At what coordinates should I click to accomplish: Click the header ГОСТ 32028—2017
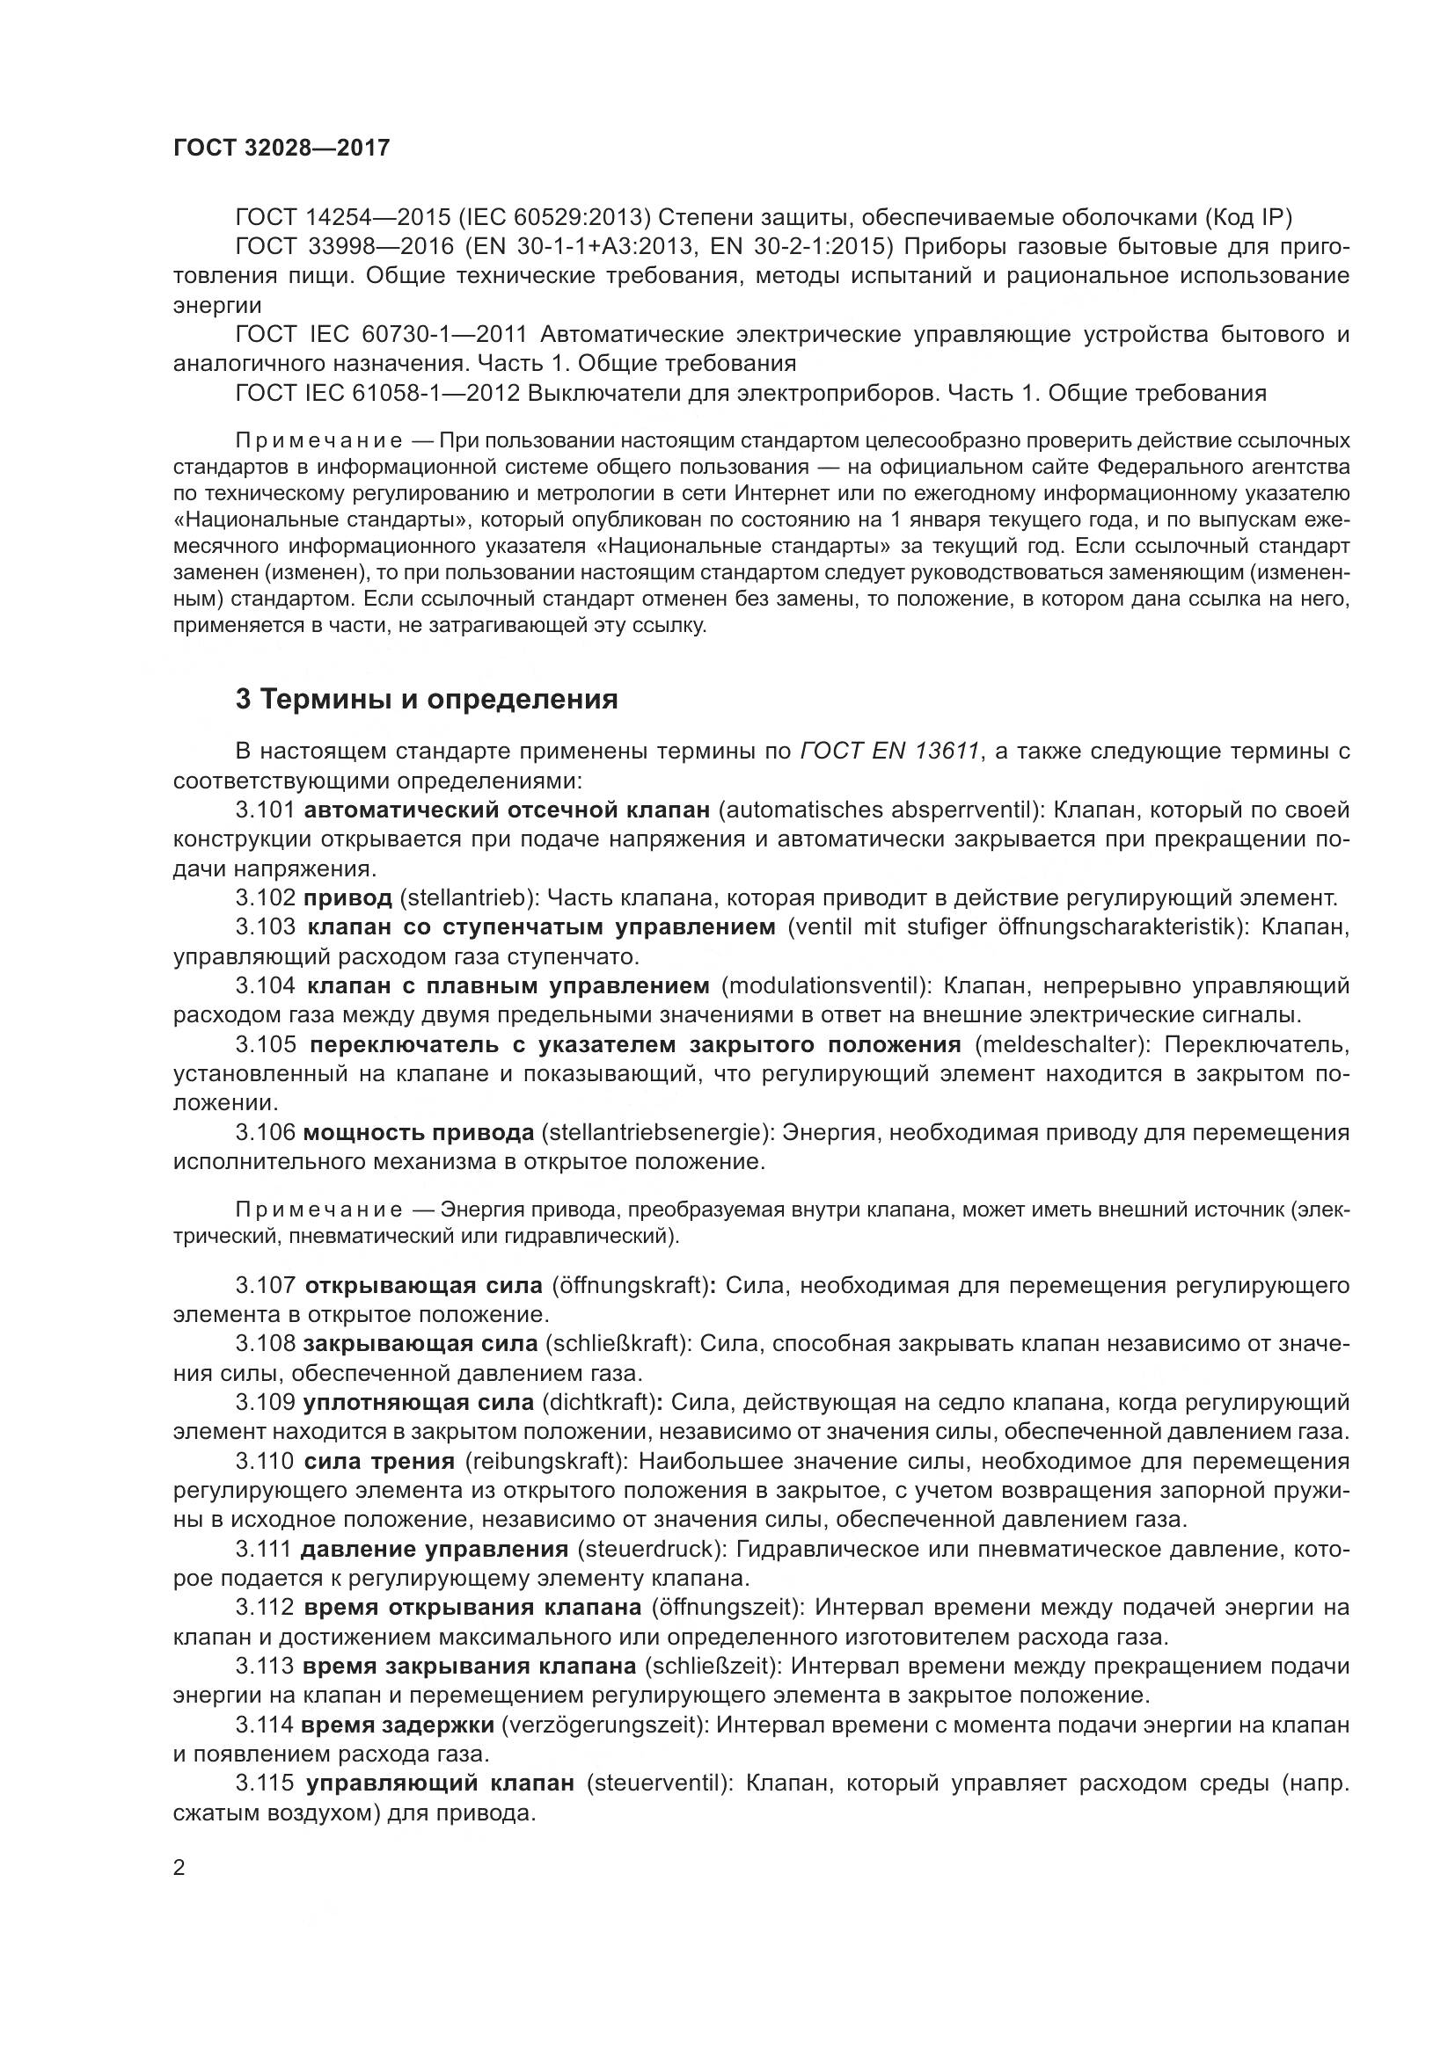pos(281,148)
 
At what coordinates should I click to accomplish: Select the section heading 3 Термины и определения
pos(427,700)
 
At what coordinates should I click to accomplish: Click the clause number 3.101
pos(265,810)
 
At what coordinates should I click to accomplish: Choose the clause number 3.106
pos(265,1133)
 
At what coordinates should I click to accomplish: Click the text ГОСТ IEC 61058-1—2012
pos(377,393)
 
